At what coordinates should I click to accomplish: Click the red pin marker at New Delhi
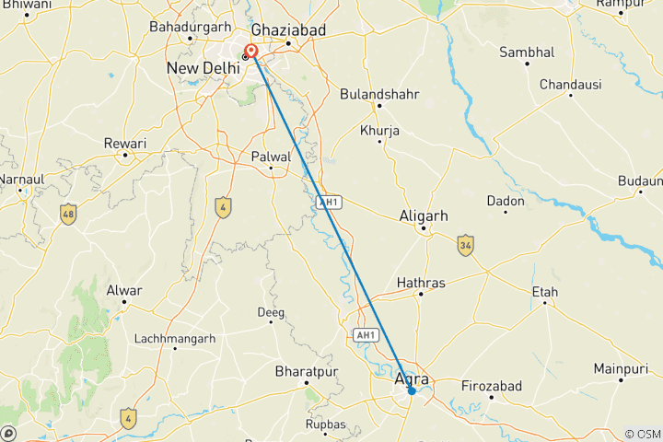click(x=250, y=52)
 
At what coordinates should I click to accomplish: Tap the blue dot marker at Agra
click(x=412, y=391)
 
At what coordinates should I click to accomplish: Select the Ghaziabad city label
click(x=289, y=30)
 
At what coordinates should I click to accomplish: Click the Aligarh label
click(x=424, y=215)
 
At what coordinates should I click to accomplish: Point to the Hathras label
click(x=421, y=283)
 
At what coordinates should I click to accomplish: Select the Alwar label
click(x=124, y=291)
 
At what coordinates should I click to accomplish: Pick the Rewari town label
click(x=125, y=144)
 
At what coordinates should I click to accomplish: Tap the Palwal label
click(x=271, y=157)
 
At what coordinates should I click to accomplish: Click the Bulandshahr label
click(x=379, y=95)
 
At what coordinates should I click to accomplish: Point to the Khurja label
click(x=379, y=131)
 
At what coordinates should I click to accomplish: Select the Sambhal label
click(x=528, y=52)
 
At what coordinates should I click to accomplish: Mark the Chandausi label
click(x=570, y=85)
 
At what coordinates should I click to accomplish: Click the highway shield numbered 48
click(x=67, y=215)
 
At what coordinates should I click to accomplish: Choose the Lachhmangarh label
click(x=175, y=339)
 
